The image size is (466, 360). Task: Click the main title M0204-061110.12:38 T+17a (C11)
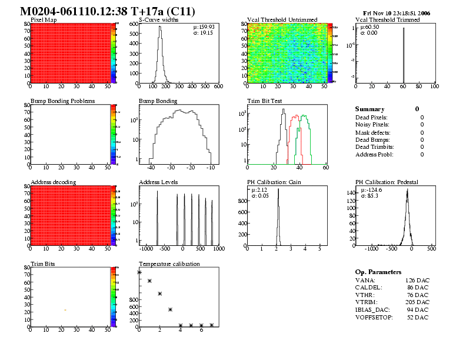coord(108,11)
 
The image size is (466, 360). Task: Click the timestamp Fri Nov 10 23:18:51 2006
coord(397,12)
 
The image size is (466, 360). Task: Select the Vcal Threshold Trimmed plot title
coord(388,20)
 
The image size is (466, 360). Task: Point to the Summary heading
coord(370,109)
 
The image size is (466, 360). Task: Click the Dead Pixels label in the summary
coord(372,118)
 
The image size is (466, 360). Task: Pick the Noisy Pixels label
coord(372,125)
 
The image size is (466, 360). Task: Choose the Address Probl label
coord(374,154)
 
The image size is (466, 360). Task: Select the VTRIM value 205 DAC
coord(417,302)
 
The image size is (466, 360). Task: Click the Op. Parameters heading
coord(378,272)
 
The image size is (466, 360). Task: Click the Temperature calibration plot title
coord(169,264)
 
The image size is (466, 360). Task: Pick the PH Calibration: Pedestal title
coord(387,182)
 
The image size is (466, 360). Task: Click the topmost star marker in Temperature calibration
coord(139,272)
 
